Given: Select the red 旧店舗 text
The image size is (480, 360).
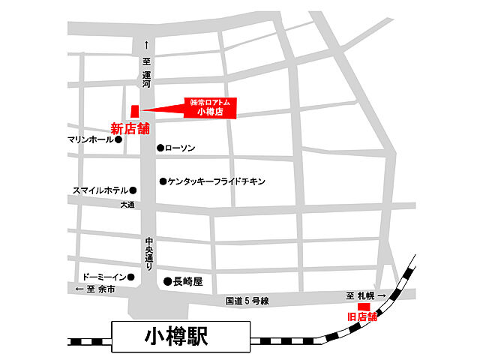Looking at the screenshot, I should (x=362, y=316).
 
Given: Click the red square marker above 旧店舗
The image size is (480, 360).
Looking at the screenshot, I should (x=363, y=306).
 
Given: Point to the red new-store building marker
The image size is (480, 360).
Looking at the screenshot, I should (x=135, y=110).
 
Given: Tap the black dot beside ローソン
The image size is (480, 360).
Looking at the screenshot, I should (x=160, y=148).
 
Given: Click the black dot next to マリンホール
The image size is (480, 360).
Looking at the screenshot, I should (x=118, y=139).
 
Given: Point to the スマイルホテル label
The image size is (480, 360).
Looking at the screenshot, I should (x=100, y=190).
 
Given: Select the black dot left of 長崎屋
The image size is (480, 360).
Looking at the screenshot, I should (x=167, y=281).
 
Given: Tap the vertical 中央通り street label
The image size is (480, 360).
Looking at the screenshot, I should (x=148, y=255).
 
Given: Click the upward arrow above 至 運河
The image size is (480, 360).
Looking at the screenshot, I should (x=147, y=45).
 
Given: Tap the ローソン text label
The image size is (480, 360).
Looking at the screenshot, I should (x=180, y=148).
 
